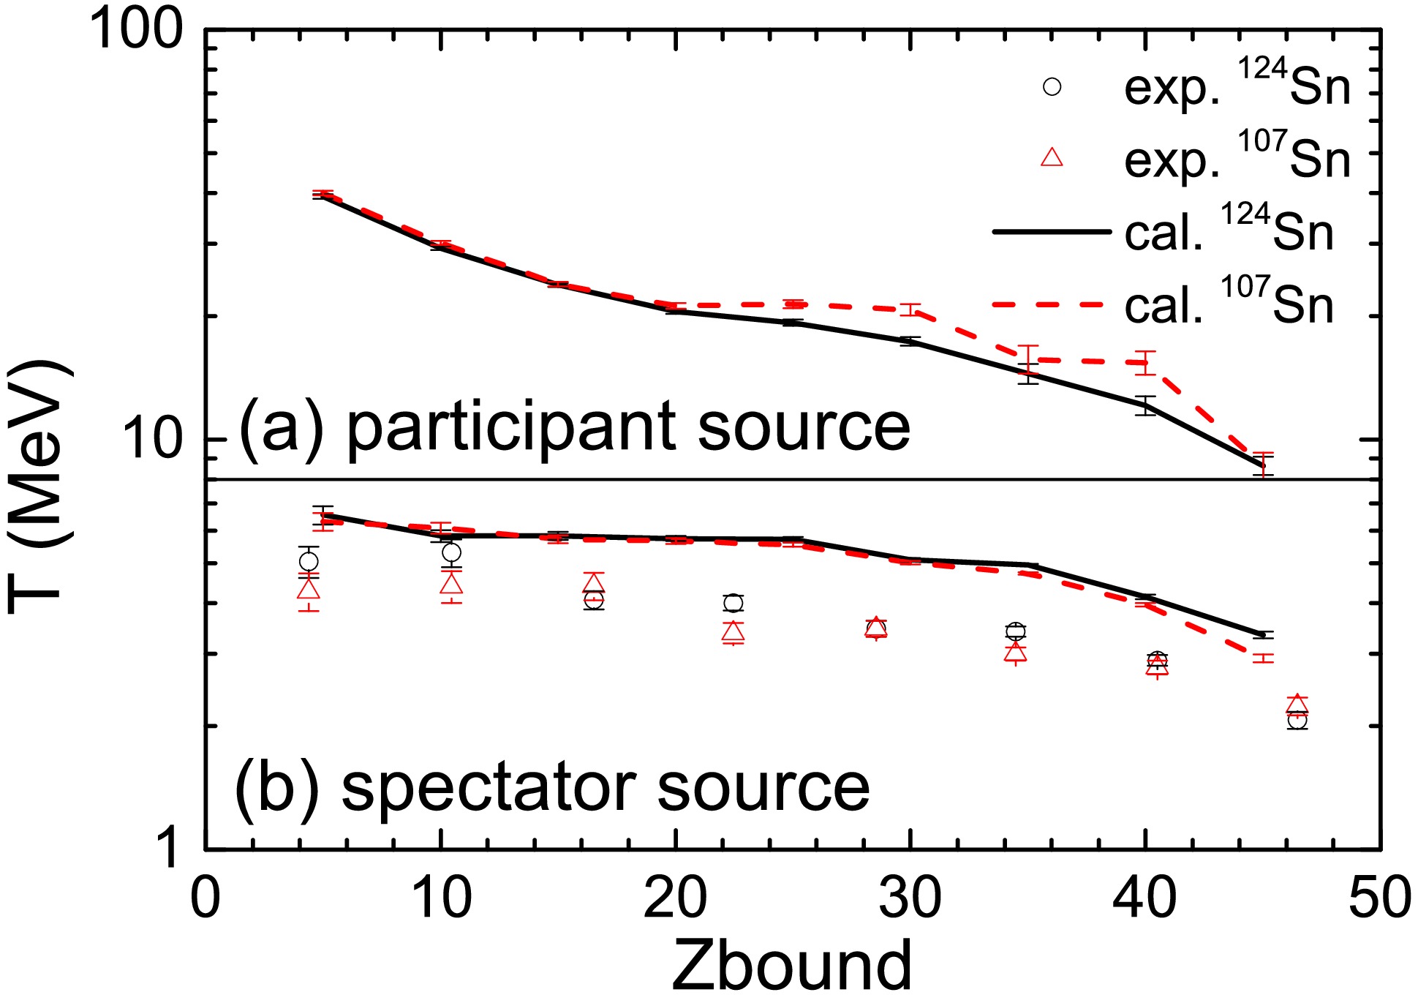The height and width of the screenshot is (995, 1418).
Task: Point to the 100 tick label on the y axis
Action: (136, 33)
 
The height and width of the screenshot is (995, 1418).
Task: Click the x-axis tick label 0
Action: (205, 898)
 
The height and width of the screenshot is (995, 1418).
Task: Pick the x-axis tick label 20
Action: (675, 898)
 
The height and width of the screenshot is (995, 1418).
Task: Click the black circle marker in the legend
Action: (1052, 87)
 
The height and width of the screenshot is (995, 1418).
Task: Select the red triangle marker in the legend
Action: (1052, 157)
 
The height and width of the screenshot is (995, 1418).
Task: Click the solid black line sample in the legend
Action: (1051, 232)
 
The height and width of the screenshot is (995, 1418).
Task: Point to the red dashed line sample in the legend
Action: (1051, 304)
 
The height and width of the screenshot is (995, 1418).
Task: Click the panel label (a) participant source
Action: (575, 427)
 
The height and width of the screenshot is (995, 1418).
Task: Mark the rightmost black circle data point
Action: (1297, 721)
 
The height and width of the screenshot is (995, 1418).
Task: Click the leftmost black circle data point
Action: (309, 561)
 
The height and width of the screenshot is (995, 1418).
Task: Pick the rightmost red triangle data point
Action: (1297, 704)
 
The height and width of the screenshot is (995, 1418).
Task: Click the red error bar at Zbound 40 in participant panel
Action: (1145, 363)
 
